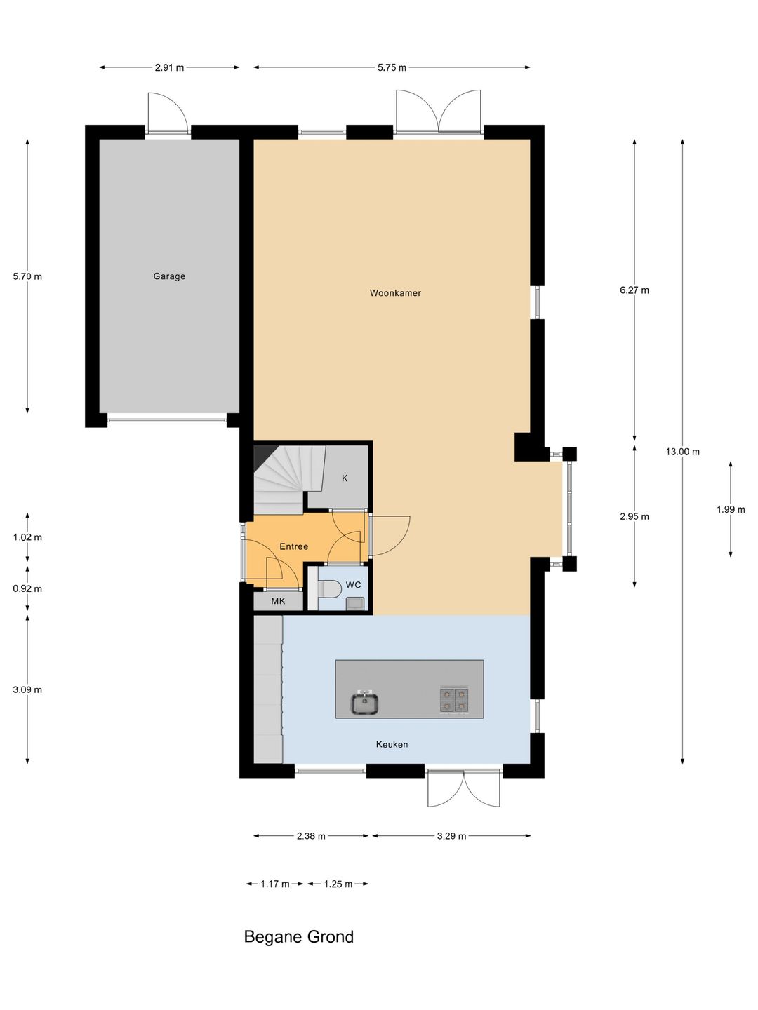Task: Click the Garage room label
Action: pyautogui.click(x=169, y=276)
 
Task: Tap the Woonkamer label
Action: pyautogui.click(x=395, y=293)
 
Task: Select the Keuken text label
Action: pyautogui.click(x=392, y=744)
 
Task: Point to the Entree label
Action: pyautogui.click(x=293, y=546)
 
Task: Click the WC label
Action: pyautogui.click(x=353, y=585)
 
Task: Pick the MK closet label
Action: pyautogui.click(x=278, y=601)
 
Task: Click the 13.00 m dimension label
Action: pyautogui.click(x=682, y=452)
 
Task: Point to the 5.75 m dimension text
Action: pyautogui.click(x=392, y=67)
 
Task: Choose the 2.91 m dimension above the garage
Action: pyautogui.click(x=169, y=67)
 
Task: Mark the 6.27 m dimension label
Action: pyautogui.click(x=634, y=290)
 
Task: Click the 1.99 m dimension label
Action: pyautogui.click(x=731, y=509)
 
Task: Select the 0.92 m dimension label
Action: pyautogui.click(x=27, y=588)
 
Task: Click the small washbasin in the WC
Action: pyautogui.click(x=354, y=604)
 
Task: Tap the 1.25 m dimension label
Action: pyautogui.click(x=338, y=884)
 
